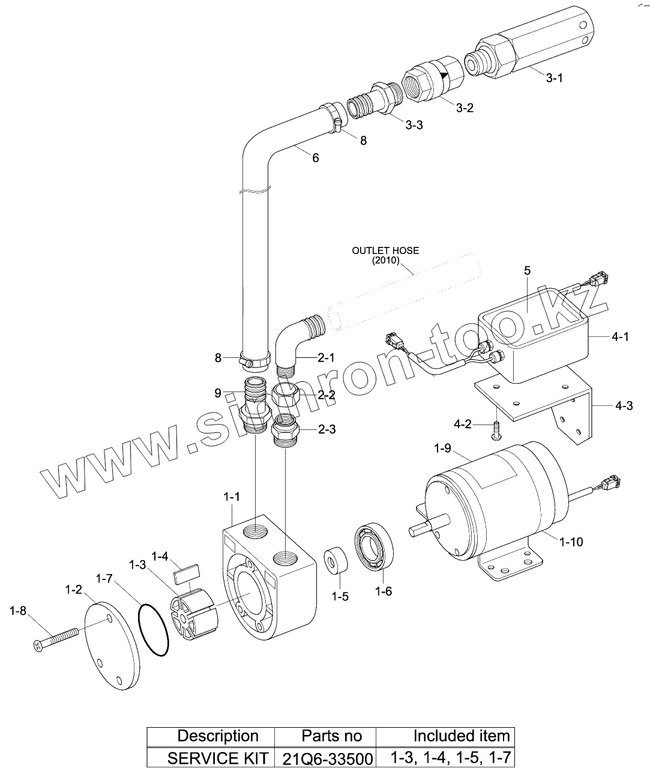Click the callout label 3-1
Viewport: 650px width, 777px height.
(x=554, y=78)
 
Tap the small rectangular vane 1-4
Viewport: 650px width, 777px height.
(x=187, y=573)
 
